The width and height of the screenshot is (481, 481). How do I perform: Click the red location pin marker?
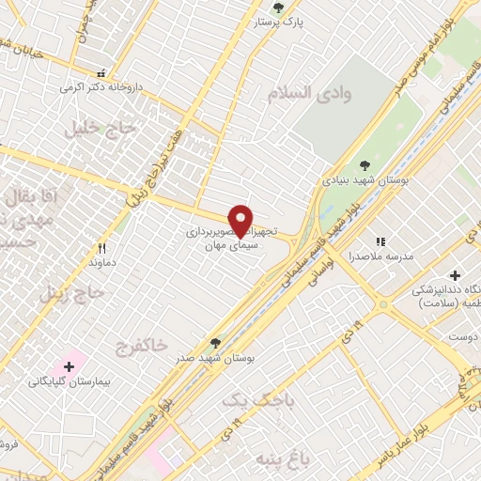(241, 220)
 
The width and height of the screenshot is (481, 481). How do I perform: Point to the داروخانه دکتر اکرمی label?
(126, 85)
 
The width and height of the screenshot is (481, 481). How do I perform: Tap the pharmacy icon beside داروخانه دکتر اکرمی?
(101, 72)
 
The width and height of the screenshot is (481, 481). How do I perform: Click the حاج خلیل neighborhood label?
(101, 128)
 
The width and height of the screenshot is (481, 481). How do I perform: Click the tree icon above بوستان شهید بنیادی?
(365, 165)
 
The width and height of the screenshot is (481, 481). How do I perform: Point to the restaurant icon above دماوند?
(101, 250)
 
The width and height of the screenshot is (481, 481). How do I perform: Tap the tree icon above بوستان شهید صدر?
(217, 343)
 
